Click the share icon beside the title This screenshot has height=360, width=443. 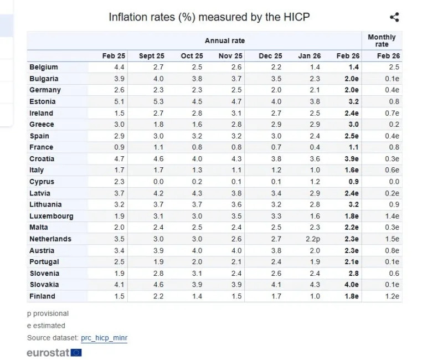coord(394,17)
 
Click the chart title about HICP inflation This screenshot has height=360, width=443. coord(209,17)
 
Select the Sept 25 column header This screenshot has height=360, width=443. coord(151,56)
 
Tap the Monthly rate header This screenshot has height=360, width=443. coord(382,41)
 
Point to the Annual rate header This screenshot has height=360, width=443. coord(224,41)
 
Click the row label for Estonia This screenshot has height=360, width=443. coord(42,101)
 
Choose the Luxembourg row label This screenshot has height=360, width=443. coord(51,216)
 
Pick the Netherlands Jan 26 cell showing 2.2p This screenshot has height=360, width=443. coord(309,239)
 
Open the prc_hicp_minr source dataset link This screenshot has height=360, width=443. coord(104,338)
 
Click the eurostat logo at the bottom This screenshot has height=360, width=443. coord(54,352)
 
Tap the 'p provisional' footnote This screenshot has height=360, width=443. coord(48,313)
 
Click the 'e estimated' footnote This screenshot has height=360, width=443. coord(46,326)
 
